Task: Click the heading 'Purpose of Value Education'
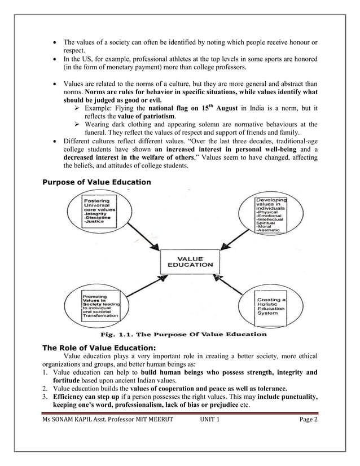coord(97,182)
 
